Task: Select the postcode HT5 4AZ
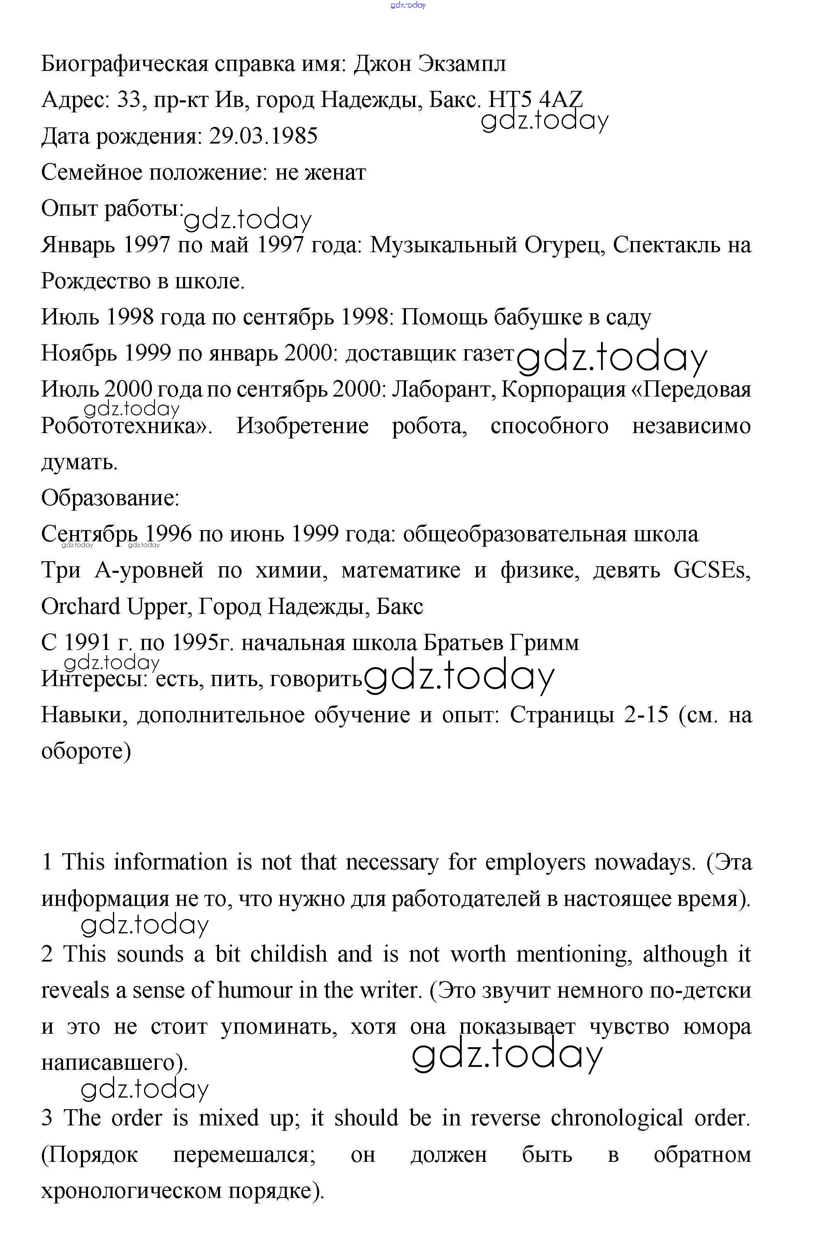click(535, 99)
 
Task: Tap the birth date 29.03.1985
click(263, 136)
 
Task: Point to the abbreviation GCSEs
click(712, 570)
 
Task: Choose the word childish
click(288, 954)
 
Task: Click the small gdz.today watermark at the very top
click(408, 5)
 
